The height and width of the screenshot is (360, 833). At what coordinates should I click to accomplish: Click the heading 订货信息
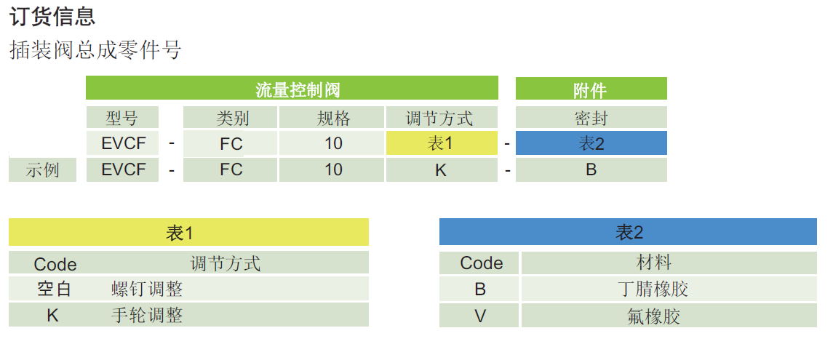[52, 16]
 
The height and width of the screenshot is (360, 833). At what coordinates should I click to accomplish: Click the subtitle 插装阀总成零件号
[95, 49]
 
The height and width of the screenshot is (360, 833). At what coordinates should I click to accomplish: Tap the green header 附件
[590, 89]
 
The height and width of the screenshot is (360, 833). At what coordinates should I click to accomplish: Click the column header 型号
[121, 117]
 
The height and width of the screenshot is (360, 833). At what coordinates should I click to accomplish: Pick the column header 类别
[231, 117]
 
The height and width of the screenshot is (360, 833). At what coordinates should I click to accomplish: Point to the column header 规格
[333, 117]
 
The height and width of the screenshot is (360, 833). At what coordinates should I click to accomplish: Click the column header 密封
[591, 117]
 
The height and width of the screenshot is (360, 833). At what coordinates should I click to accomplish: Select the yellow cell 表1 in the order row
[442, 143]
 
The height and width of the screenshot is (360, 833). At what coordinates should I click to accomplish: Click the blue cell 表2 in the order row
[591, 143]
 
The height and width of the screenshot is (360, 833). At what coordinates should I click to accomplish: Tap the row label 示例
[42, 170]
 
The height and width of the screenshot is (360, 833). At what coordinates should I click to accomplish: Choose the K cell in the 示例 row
[441, 170]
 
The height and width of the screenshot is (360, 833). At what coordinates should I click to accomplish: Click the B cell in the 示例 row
[591, 170]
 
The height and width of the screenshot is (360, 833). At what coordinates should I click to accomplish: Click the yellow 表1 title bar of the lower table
[188, 233]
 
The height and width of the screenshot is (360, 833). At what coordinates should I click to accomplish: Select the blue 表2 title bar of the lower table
[627, 233]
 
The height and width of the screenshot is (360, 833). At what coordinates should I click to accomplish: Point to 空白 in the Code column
[55, 289]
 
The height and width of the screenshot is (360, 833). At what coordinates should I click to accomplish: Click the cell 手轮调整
[147, 315]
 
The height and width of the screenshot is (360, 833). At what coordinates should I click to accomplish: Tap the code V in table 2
[480, 316]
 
